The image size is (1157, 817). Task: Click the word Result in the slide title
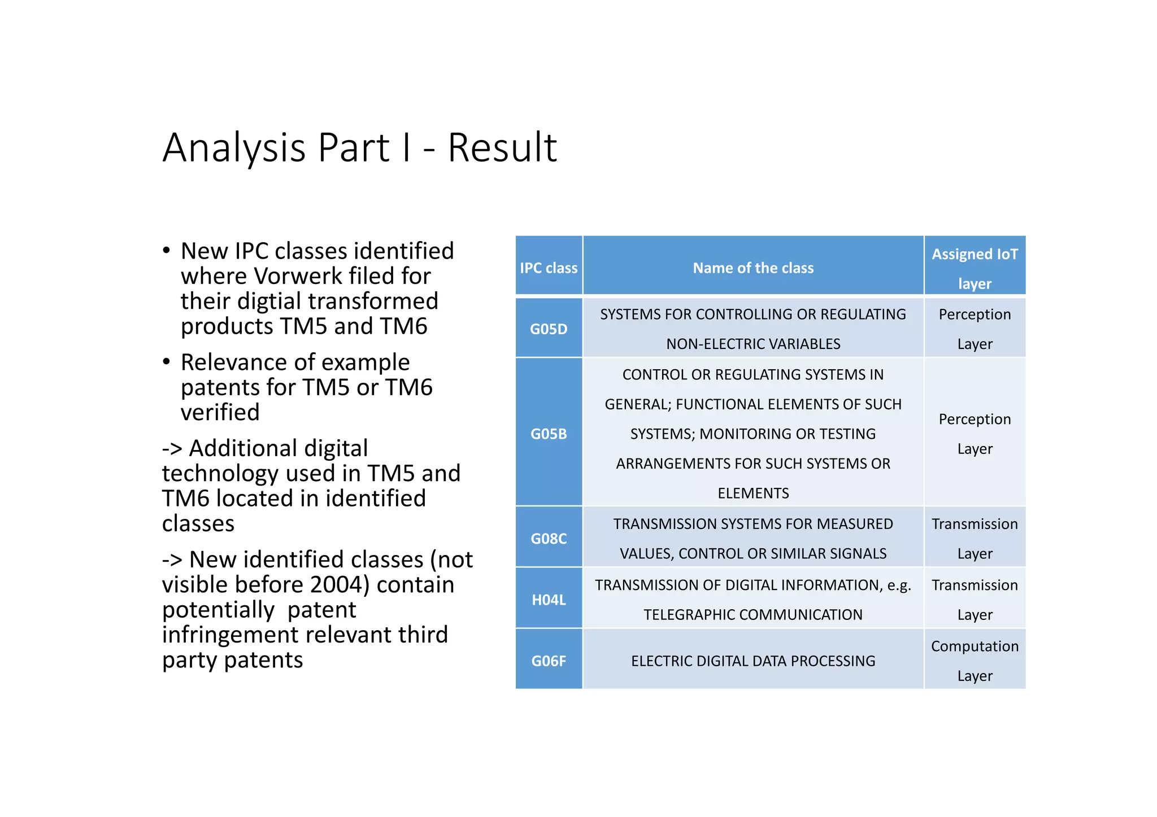[x=502, y=148]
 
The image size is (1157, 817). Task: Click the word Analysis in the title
[x=236, y=148]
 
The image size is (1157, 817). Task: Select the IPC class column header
[x=549, y=268]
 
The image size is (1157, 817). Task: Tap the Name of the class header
[x=753, y=268]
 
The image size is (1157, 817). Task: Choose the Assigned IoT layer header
[x=975, y=268]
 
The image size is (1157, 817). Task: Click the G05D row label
[x=549, y=329]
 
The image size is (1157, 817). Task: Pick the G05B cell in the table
[x=549, y=434]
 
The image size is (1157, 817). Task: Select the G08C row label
[x=549, y=539]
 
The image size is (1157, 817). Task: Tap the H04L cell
[x=549, y=600]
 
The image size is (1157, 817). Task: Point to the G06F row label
[x=549, y=661]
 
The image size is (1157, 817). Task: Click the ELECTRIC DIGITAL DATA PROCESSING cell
[x=753, y=661]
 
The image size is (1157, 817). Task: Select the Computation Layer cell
[x=975, y=661]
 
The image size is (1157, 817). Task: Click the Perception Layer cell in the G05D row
[x=975, y=329]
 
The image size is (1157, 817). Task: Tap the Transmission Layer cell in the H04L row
[x=975, y=600]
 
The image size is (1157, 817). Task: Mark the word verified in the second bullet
[x=220, y=412]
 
